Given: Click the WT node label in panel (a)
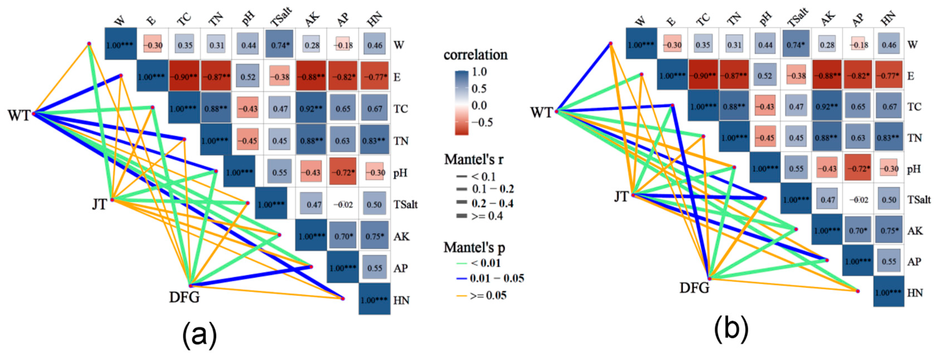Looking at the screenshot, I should click(x=19, y=116).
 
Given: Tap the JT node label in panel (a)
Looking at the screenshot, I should click(x=99, y=204).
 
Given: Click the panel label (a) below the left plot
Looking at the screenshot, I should click(x=199, y=335).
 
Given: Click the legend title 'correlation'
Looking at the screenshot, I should click(x=475, y=55).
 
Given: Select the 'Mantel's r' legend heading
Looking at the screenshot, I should click(x=474, y=159).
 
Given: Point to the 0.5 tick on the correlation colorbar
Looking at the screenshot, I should click(x=479, y=88).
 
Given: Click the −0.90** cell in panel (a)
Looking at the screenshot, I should click(x=184, y=77).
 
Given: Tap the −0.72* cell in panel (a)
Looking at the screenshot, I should click(x=343, y=172).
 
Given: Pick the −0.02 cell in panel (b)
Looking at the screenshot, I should click(x=858, y=200).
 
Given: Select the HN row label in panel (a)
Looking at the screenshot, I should click(x=401, y=300).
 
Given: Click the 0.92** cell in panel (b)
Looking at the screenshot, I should click(x=827, y=107).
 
